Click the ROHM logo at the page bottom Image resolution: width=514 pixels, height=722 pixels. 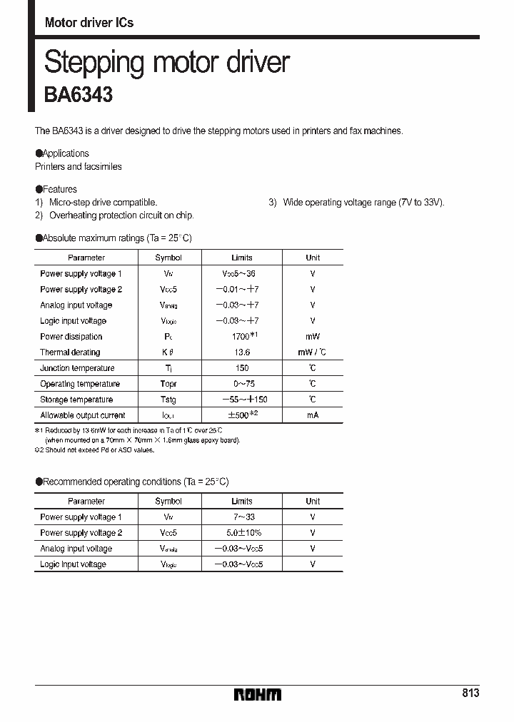(x=258, y=694)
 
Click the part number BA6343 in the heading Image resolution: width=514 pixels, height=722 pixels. (x=79, y=95)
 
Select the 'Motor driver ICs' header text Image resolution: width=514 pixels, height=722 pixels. (x=89, y=23)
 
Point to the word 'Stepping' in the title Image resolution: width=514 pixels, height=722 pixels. (x=90, y=62)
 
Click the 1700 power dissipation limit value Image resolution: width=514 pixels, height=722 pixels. (x=241, y=337)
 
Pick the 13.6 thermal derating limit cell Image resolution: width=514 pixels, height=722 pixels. (x=242, y=352)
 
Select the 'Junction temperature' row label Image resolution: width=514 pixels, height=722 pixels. (x=77, y=368)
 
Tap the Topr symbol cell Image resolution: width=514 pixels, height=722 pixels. (x=168, y=384)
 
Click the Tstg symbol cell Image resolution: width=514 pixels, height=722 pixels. (x=168, y=400)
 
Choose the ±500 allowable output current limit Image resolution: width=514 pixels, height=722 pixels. (x=240, y=415)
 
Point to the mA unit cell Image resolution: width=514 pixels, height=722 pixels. (x=313, y=415)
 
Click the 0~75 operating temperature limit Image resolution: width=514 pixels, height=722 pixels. (x=242, y=384)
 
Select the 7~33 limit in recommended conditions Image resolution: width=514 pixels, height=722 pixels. (x=242, y=517)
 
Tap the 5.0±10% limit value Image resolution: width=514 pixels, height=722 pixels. (x=242, y=533)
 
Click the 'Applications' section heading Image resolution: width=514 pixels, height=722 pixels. (x=66, y=153)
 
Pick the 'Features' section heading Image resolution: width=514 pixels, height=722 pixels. (x=59, y=189)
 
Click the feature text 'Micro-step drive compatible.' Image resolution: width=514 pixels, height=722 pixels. (x=103, y=203)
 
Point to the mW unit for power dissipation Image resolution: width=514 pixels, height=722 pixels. (x=313, y=337)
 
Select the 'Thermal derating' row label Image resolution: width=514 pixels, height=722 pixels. (x=70, y=352)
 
